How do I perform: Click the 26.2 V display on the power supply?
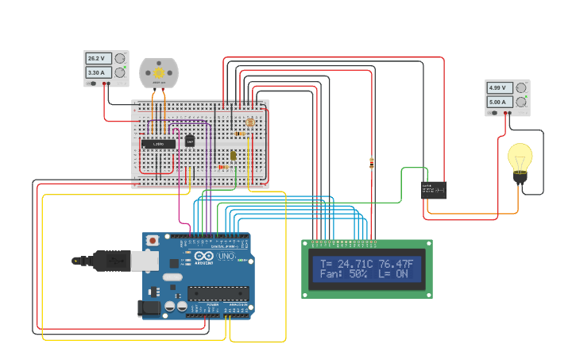tap(98, 59)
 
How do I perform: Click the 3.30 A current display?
tap(98, 73)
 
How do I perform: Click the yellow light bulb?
tap(520, 157)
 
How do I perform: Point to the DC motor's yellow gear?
tap(159, 72)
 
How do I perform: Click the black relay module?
tap(433, 190)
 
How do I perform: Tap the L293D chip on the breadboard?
tap(158, 143)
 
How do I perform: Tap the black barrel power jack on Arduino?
tap(149, 308)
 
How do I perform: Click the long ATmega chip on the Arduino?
tap(218, 292)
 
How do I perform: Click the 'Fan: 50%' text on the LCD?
tap(343, 274)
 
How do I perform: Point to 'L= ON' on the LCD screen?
tap(392, 274)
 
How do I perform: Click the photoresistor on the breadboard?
tap(251, 122)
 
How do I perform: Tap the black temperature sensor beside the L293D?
tap(190, 141)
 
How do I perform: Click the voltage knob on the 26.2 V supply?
tap(120, 59)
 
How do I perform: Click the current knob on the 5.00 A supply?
tap(521, 102)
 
